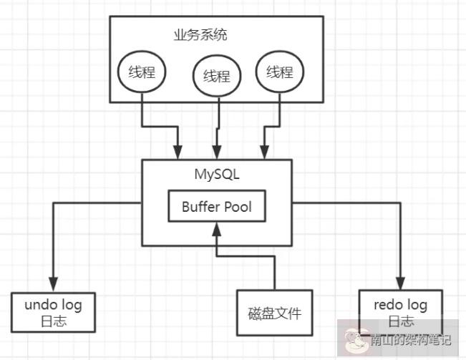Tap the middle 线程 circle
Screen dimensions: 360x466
(216, 76)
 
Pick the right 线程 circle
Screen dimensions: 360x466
(280, 72)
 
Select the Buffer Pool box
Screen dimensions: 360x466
(216, 208)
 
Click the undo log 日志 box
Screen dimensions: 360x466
(54, 313)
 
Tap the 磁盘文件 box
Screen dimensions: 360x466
(275, 313)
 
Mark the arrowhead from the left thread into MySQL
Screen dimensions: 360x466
(178, 152)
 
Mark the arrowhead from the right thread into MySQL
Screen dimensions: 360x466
(264, 152)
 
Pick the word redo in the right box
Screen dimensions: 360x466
(387, 305)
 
